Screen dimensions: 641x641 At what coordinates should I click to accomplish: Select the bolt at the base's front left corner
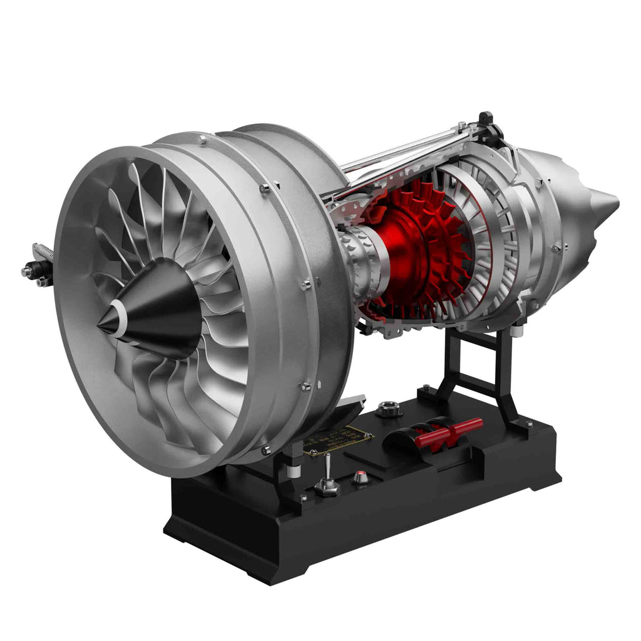click(x=303, y=499)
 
